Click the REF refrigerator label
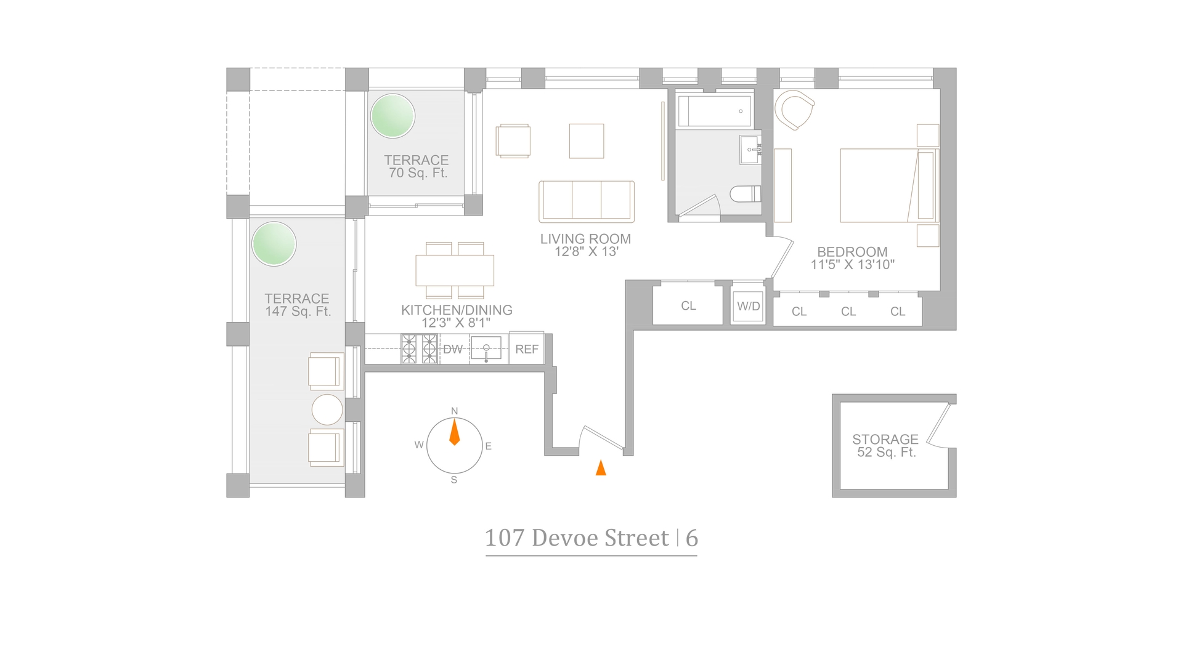(527, 349)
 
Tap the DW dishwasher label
(453, 349)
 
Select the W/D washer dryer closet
(749, 306)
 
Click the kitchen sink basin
(486, 349)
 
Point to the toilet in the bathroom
(746, 195)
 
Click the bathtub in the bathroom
(715, 111)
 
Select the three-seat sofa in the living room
(587, 201)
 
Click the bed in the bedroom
(888, 185)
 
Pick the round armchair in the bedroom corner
(795, 110)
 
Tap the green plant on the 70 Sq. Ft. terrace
(392, 116)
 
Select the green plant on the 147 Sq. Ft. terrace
(274, 244)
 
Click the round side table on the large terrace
(327, 409)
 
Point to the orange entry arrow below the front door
(601, 468)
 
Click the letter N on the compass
(455, 411)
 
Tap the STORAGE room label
(885, 439)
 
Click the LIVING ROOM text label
(585, 239)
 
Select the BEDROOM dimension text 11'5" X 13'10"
(852, 265)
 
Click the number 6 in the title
(692, 538)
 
